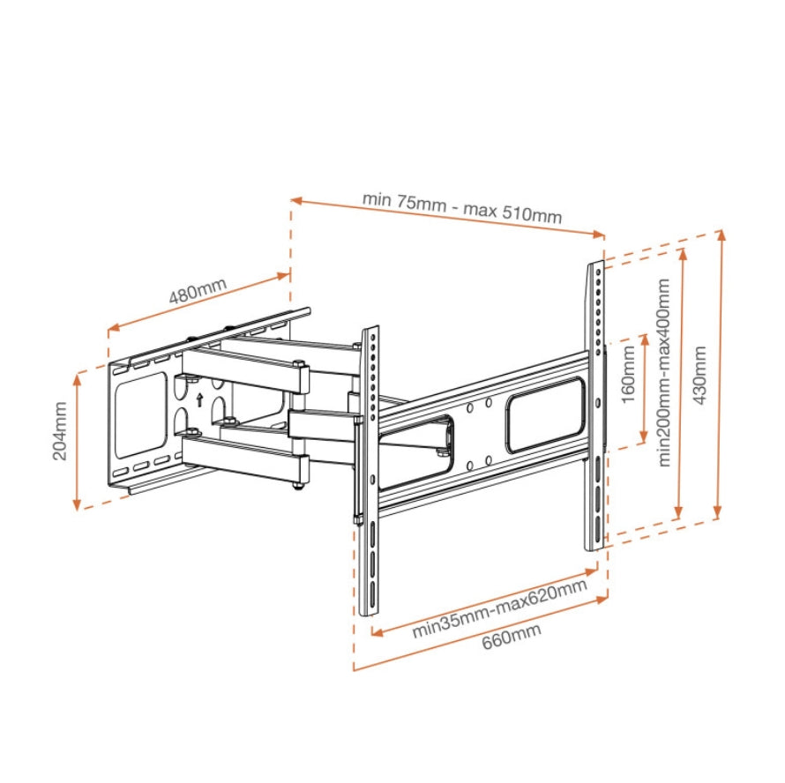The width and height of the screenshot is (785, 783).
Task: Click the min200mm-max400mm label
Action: click(x=664, y=373)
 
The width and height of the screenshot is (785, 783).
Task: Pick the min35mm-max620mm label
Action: click(x=499, y=608)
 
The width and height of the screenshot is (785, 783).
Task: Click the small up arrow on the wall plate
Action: click(x=200, y=399)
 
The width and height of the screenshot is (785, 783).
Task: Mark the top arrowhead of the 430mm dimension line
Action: click(x=721, y=234)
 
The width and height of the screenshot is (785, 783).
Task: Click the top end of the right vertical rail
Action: click(x=596, y=264)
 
